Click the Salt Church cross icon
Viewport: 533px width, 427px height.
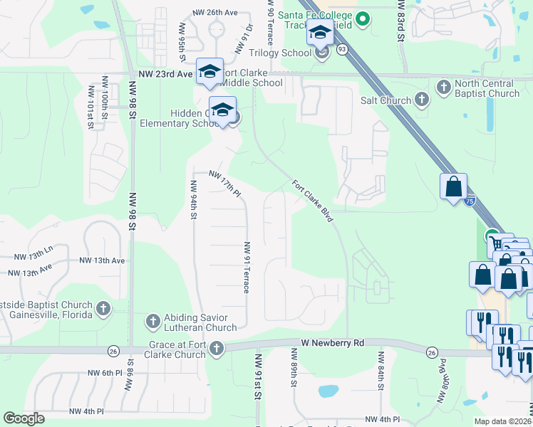coord(422,100)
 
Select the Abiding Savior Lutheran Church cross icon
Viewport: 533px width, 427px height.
coord(152,322)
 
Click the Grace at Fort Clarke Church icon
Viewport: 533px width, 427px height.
coord(216,349)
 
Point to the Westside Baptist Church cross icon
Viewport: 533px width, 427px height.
coord(103,309)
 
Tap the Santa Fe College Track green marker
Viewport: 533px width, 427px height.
coord(363,19)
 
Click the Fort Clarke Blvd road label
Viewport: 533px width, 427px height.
coord(313,201)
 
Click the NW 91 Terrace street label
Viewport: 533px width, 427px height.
coord(247,268)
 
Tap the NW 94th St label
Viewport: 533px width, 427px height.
coord(193,200)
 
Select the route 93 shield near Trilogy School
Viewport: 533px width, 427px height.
coord(343,49)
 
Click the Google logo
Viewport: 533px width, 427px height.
coord(24,418)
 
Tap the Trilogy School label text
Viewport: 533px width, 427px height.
coord(281,52)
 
